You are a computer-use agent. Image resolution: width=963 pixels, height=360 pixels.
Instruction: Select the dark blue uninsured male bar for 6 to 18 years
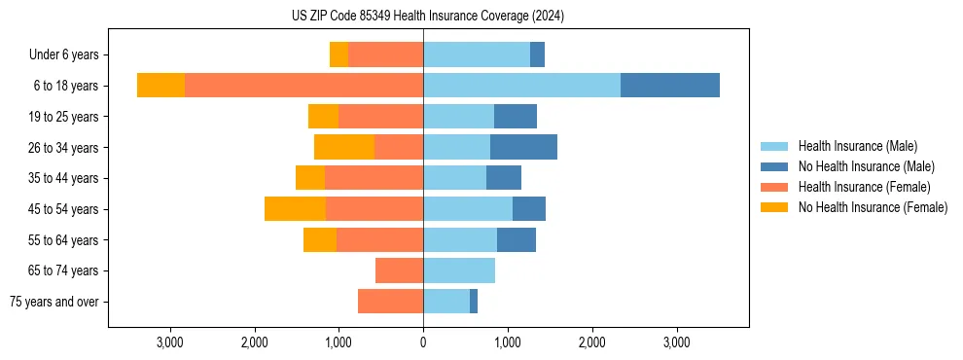tap(669, 86)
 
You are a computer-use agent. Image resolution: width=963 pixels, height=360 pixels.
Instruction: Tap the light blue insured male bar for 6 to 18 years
tap(521, 86)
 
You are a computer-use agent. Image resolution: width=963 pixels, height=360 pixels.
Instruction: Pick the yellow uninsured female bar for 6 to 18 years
tap(160, 86)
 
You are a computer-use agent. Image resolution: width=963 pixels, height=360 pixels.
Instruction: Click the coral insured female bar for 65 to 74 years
tap(399, 270)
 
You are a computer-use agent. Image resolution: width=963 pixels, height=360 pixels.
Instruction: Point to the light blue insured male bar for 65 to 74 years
tap(459, 270)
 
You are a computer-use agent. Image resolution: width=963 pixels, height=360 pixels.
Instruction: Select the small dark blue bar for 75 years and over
tap(474, 302)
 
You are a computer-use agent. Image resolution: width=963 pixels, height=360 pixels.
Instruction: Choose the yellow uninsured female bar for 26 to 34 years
tap(344, 147)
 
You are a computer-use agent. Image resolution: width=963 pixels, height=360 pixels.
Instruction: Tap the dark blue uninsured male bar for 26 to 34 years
tap(523, 147)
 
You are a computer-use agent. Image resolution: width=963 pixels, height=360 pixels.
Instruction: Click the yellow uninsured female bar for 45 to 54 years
tap(295, 209)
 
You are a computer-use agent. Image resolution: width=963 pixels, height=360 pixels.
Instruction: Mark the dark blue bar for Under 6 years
tap(537, 54)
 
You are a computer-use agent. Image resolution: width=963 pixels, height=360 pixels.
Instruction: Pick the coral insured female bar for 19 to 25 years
tap(380, 117)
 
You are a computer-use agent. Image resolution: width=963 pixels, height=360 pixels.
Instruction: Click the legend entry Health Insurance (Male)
tap(857, 146)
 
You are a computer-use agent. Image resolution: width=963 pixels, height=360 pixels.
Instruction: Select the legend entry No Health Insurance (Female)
tap(872, 207)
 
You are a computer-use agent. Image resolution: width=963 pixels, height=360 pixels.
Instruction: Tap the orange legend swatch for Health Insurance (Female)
tap(774, 187)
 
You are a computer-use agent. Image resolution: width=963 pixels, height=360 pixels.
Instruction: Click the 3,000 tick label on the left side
tap(169, 343)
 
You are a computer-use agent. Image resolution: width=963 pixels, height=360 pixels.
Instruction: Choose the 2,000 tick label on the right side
tap(592, 343)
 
